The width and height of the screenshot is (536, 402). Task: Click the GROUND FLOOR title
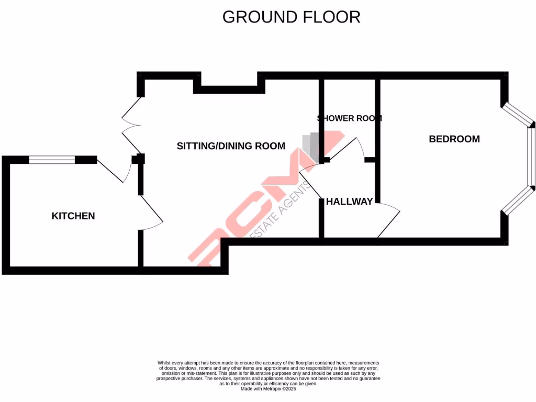pos(291,17)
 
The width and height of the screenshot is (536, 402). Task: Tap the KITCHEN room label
pos(73,216)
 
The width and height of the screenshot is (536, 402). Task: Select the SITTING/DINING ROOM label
pos(231,146)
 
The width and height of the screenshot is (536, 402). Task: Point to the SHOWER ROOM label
pos(350,118)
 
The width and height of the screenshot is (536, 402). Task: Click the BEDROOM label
pos(454,139)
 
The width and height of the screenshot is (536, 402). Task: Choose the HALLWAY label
pos(349,202)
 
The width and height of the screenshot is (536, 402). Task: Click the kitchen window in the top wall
pos(52,160)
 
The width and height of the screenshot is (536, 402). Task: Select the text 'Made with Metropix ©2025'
pos(268,389)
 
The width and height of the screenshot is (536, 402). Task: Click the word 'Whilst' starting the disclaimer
pos(164,363)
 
